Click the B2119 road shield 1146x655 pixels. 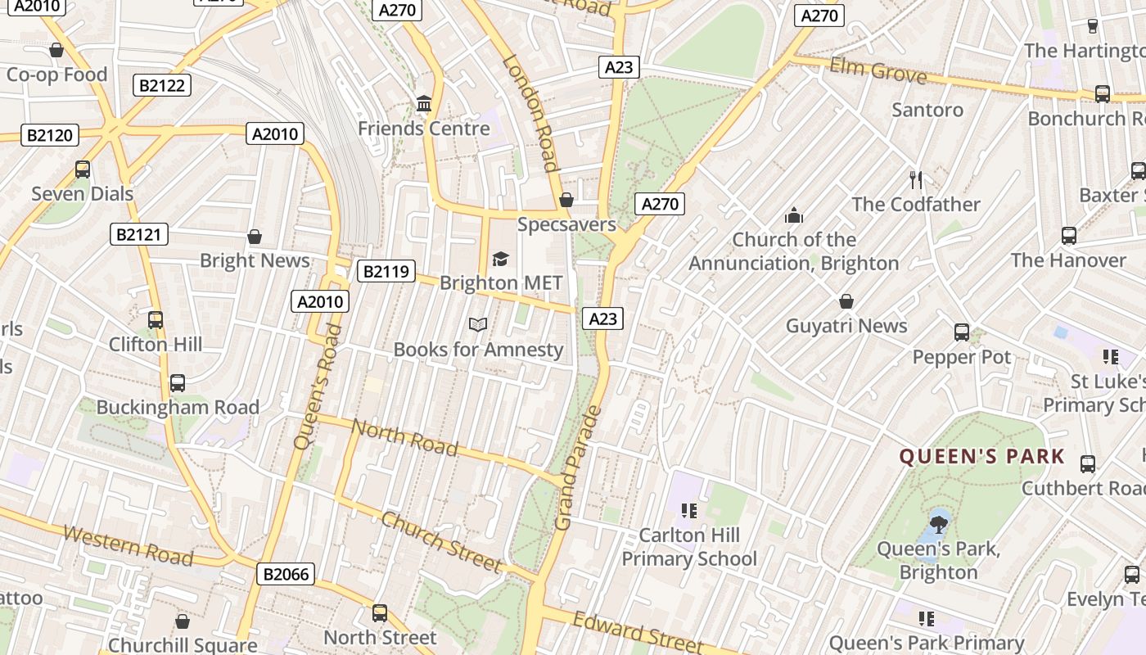[x=386, y=271]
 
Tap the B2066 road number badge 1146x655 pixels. [x=286, y=574]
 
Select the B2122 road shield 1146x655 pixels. [x=162, y=85]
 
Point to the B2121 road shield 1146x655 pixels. [x=139, y=235]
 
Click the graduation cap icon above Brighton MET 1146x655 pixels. [x=500, y=260]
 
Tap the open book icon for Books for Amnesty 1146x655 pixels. [x=478, y=325]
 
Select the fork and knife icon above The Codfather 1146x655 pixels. [x=916, y=179]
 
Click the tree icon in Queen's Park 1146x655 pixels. [x=938, y=521]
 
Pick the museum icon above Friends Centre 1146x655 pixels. [x=424, y=104]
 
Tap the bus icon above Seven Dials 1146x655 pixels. [x=83, y=169]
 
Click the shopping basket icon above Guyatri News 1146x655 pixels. [x=846, y=301]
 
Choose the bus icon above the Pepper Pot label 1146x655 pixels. [x=962, y=332]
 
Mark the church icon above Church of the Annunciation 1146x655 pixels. [x=794, y=215]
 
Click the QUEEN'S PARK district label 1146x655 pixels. [x=982, y=456]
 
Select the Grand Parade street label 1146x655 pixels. [x=578, y=468]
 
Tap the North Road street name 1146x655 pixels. [x=404, y=436]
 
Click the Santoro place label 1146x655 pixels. [x=927, y=110]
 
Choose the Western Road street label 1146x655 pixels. [x=128, y=545]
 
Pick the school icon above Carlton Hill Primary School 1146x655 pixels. [x=689, y=511]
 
